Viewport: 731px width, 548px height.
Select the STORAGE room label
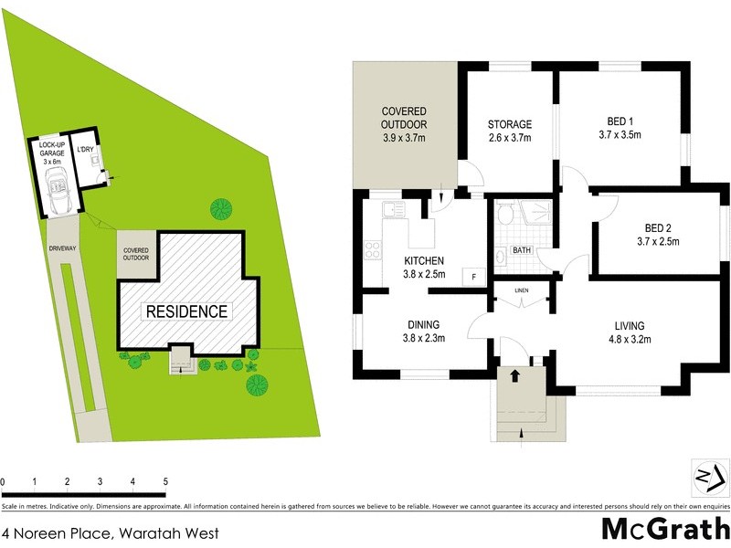pos(509,125)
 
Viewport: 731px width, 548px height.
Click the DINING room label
pos(424,324)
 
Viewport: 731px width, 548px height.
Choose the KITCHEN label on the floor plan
pos(424,261)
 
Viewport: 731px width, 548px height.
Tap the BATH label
pos(521,249)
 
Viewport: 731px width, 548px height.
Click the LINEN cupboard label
pos(522,290)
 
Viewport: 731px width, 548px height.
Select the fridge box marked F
pos(473,276)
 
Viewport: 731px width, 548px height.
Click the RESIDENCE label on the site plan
pos(185,311)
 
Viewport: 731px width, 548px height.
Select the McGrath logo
pos(664,528)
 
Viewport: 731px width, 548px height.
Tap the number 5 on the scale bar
pos(165,480)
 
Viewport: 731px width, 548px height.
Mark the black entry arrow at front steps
pos(514,375)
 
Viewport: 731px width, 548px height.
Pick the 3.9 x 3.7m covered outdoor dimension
pos(404,138)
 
